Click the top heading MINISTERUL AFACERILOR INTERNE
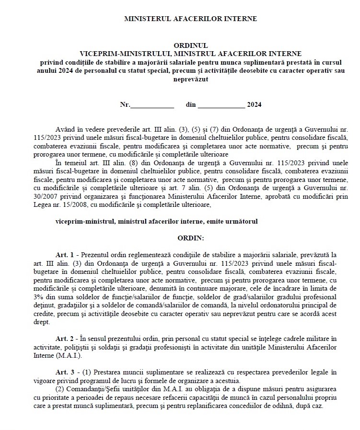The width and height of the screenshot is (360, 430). pyautogui.click(x=190, y=19)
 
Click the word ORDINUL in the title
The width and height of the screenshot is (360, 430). pyautogui.click(x=191, y=45)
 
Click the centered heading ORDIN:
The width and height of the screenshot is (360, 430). pyautogui.click(x=190, y=237)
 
